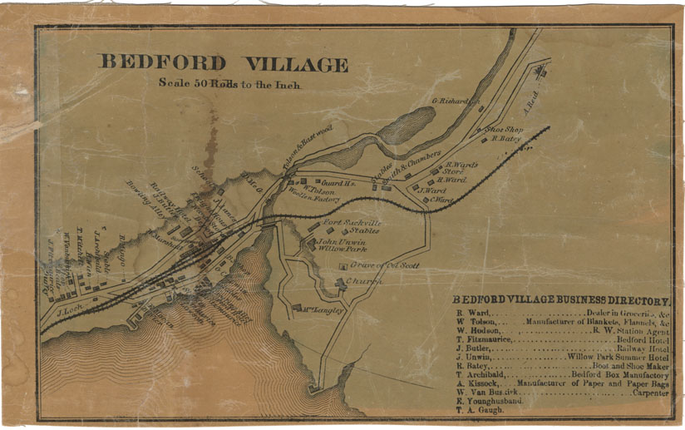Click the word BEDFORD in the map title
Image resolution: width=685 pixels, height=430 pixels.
click(x=163, y=63)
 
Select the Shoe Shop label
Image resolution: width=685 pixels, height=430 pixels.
click(x=503, y=130)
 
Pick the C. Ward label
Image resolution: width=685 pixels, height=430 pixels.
click(x=442, y=200)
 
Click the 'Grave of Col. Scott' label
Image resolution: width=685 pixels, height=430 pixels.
click(x=384, y=265)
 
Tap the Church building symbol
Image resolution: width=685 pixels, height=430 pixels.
click(x=340, y=284)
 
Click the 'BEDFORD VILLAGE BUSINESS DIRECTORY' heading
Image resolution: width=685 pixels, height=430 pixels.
click(x=561, y=300)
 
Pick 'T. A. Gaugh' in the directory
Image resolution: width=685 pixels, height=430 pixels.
click(x=480, y=410)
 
